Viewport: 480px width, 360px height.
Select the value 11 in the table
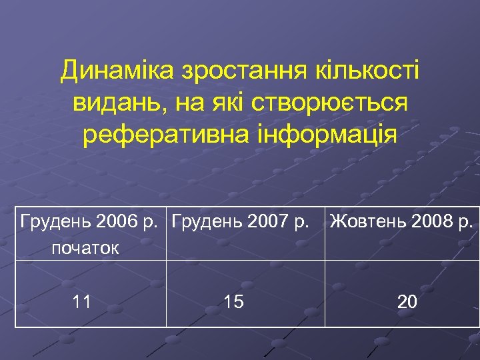[x=82, y=302]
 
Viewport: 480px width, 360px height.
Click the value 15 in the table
[x=233, y=302]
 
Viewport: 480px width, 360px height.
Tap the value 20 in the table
[x=407, y=302]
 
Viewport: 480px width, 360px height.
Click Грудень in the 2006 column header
[x=56, y=221]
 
